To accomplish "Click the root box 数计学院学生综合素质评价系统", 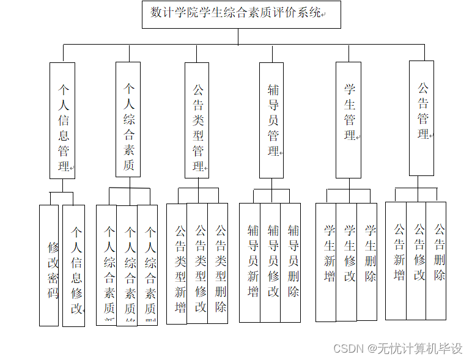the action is coord(238,13).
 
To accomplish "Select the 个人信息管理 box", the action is coord(62,120).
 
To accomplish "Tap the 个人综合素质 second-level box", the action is coord(128,119).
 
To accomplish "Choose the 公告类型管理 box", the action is coord(197,120).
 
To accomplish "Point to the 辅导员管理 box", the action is coord(271,120).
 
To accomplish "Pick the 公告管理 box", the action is coord(421,117).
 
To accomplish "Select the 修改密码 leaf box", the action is coord(49,265).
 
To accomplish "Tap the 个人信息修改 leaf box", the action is coord(74,265).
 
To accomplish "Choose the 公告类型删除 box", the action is coord(218,263).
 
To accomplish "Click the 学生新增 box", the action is coord(326,262).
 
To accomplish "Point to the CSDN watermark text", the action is coord(397,348).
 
